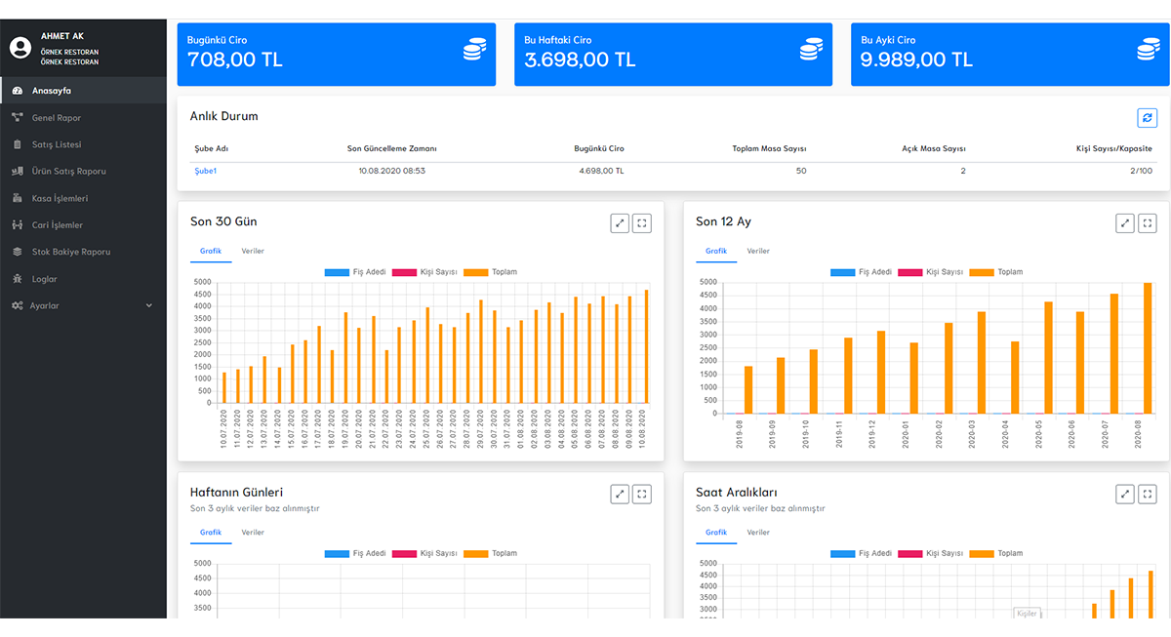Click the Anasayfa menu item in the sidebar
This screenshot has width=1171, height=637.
pyautogui.click(x=51, y=91)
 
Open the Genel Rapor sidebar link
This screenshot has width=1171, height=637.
pyautogui.click(x=56, y=118)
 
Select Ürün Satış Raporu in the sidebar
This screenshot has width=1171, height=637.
pyautogui.click(x=68, y=172)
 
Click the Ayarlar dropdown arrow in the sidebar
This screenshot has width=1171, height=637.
pyautogui.click(x=149, y=305)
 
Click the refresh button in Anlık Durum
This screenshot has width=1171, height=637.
pyautogui.click(x=1147, y=117)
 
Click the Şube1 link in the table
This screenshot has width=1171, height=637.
pyautogui.click(x=205, y=171)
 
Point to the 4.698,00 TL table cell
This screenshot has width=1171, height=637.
pyautogui.click(x=601, y=171)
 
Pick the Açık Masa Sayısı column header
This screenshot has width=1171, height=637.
pyautogui.click(x=934, y=149)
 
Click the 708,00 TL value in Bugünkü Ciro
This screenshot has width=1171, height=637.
pyautogui.click(x=235, y=60)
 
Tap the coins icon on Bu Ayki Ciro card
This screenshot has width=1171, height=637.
pyautogui.click(x=1148, y=50)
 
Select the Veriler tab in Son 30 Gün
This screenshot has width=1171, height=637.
pyautogui.click(x=253, y=251)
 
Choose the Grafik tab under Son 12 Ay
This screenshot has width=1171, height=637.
pyautogui.click(x=716, y=251)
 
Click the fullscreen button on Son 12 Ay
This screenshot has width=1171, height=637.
pyautogui.click(x=1148, y=223)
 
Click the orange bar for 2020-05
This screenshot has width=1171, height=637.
pyautogui.click(x=1048, y=357)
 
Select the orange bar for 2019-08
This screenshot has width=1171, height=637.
pyautogui.click(x=748, y=389)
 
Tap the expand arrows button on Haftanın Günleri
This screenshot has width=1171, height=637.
pyautogui.click(x=620, y=495)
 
